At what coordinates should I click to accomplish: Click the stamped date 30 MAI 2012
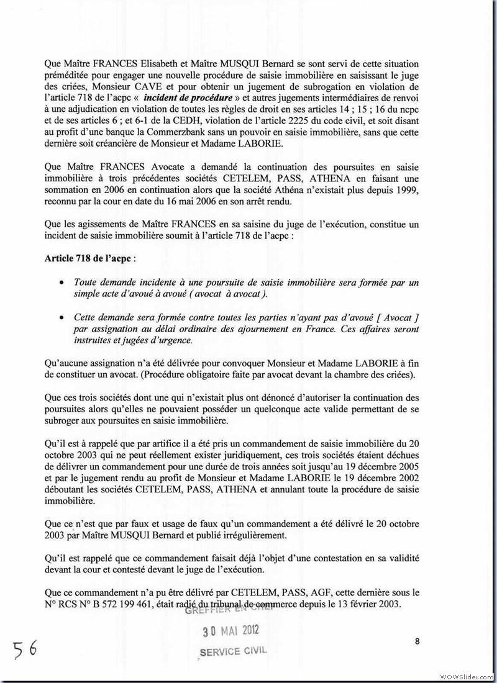pos(232,631)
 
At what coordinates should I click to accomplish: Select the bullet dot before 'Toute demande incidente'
pos(60,283)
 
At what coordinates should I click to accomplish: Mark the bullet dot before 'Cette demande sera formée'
pos(60,317)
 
